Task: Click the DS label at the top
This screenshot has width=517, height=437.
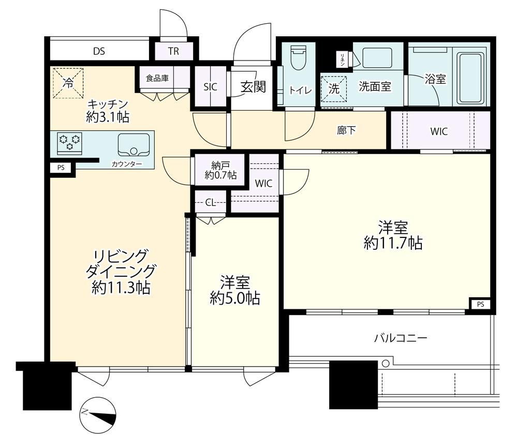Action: pos(99,51)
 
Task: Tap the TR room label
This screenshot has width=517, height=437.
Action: pos(173,51)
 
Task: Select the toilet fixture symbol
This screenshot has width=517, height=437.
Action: pos(299,58)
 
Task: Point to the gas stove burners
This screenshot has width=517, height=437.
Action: pos(69,143)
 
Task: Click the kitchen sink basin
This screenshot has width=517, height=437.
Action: pos(134,145)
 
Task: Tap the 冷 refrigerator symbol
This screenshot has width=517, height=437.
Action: pos(68,83)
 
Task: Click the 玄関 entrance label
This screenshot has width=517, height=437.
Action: pos(253,87)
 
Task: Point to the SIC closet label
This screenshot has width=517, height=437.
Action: pos(210,87)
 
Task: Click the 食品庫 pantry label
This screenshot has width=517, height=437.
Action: pos(157,78)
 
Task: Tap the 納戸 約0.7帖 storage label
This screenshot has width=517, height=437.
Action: pos(220,170)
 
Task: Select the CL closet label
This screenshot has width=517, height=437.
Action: pos(210,202)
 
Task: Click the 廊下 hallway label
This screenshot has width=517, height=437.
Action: pos(346,130)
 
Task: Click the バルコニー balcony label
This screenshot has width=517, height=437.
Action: pos(401,338)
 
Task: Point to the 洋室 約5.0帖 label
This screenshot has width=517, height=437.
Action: pos(235,290)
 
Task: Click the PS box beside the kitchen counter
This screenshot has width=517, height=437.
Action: pos(61,168)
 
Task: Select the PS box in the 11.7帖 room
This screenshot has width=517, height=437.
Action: pos(480,305)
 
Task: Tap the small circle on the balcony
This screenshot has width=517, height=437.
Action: pos(386,364)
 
